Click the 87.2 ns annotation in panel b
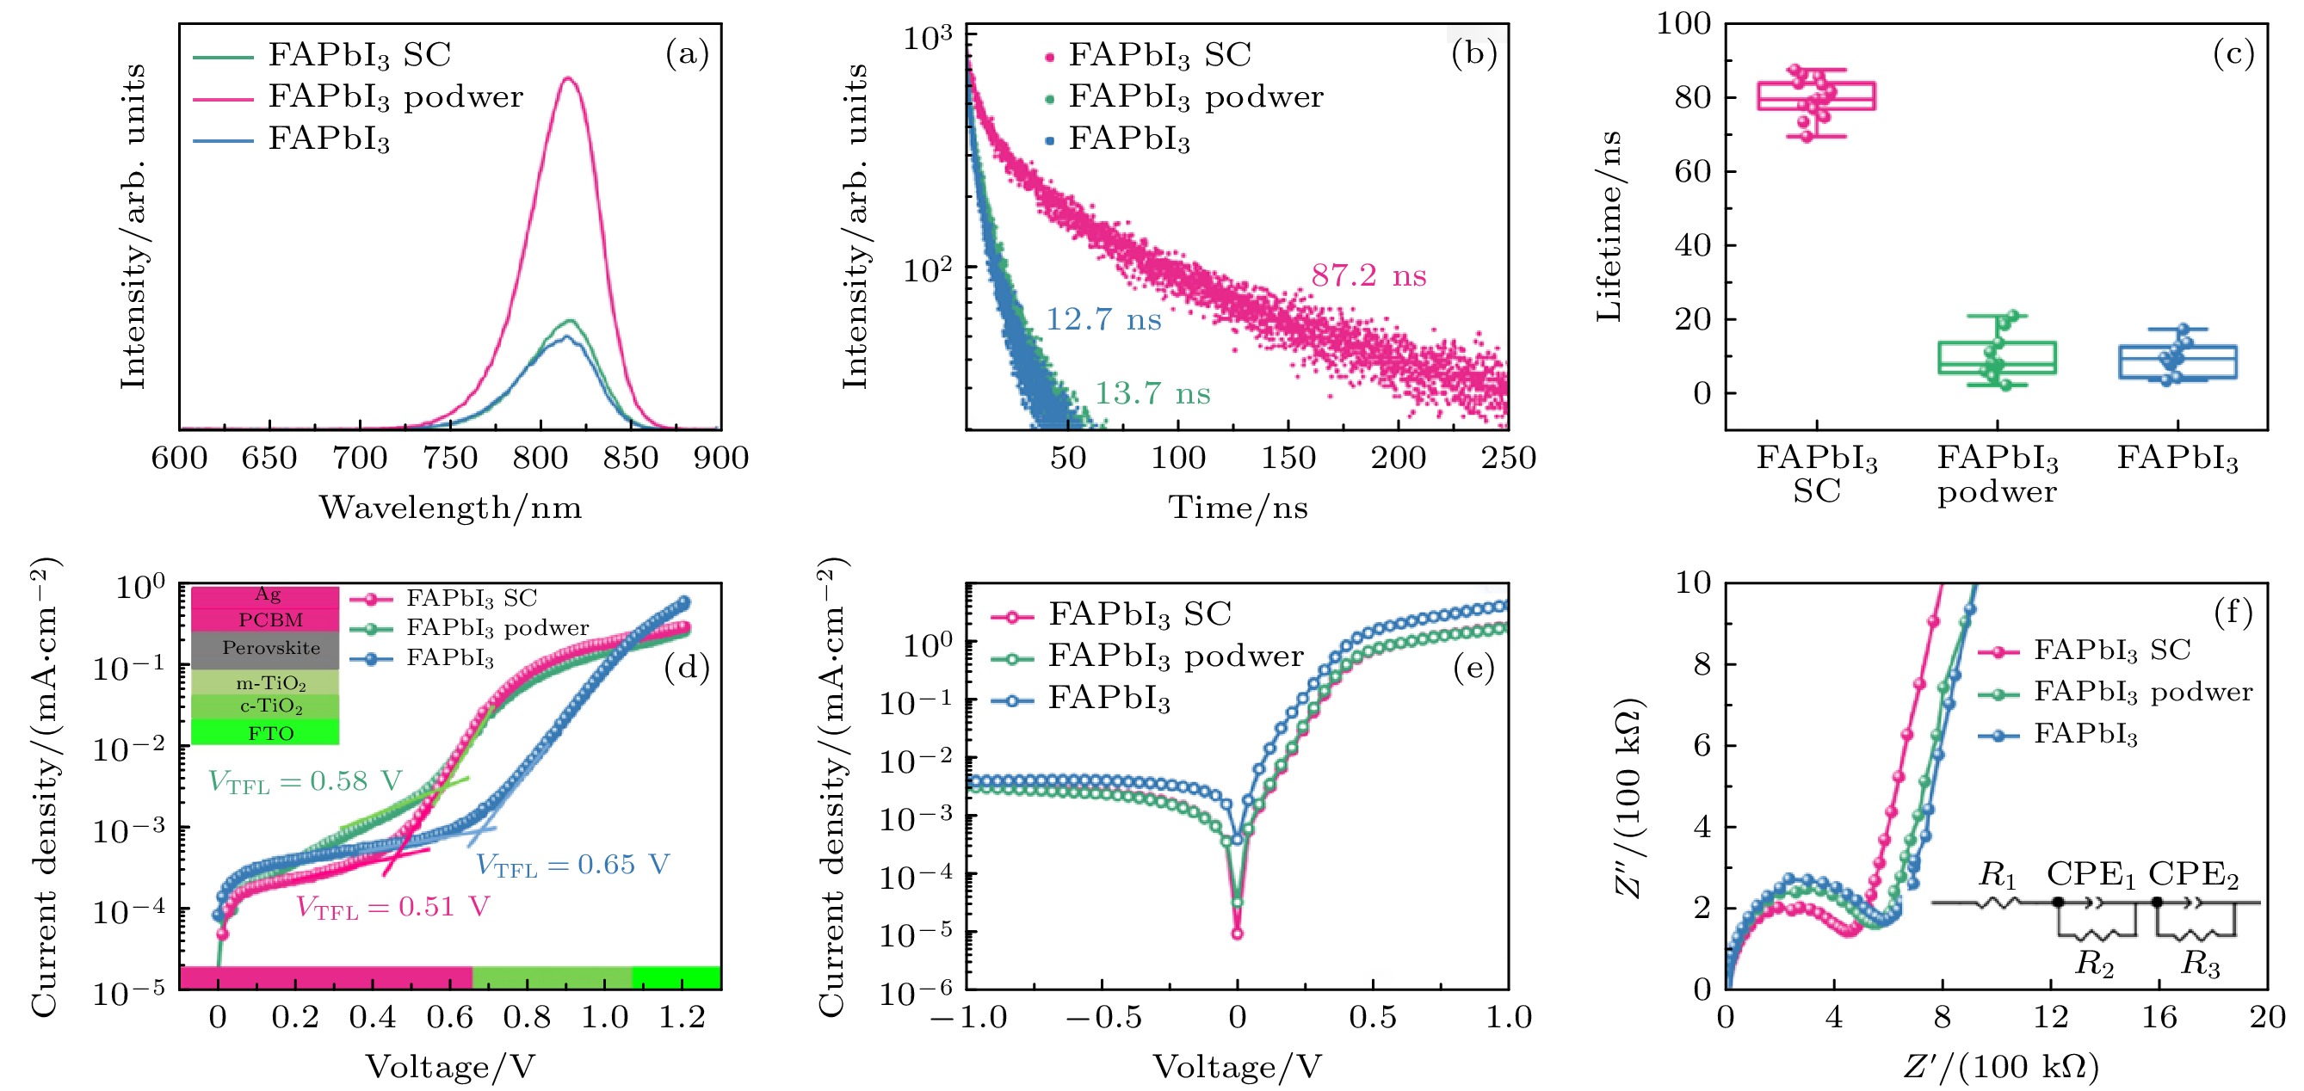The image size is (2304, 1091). (x=1368, y=275)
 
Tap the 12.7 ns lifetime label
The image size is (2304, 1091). (x=1103, y=319)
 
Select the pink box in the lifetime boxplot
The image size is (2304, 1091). (x=1816, y=96)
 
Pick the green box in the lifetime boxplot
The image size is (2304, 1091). (x=1997, y=357)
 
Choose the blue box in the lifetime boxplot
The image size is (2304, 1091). (x=2177, y=361)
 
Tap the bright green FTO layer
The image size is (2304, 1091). (x=266, y=733)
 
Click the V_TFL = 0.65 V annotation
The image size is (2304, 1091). (x=571, y=865)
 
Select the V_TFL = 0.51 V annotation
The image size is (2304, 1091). (x=392, y=908)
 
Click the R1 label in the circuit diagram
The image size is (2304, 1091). (x=1998, y=874)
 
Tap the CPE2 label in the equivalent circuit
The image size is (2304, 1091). (x=2193, y=874)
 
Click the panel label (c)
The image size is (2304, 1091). (x=2233, y=53)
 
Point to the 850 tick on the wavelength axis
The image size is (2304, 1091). (x=631, y=458)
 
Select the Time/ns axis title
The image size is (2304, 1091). (x=1237, y=508)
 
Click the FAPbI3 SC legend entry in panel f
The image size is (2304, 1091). (x=2111, y=650)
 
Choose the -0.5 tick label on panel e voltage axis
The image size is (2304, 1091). (x=1103, y=1018)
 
